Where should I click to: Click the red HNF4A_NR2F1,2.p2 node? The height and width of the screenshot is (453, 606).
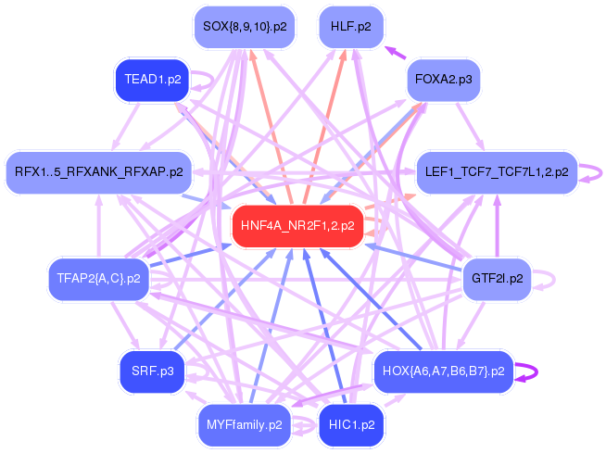pos(297,226)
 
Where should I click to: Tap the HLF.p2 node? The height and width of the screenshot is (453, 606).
pos(350,27)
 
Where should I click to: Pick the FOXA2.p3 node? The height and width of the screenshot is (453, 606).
pos(443,81)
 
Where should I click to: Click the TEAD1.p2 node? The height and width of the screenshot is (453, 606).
pos(151,80)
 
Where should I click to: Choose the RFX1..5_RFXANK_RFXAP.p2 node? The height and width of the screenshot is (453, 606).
pos(98,171)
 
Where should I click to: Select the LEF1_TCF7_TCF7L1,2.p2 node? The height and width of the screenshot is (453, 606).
pos(497,172)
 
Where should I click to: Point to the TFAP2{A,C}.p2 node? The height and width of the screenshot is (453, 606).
pos(98,278)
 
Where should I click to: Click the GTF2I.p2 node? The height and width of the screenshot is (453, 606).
pos(497,278)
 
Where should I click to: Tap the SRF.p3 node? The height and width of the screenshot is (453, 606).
pos(152,371)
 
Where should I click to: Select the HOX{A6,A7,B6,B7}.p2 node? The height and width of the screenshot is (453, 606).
pos(443,371)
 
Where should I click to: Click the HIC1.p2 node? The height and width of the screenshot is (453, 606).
pos(351,425)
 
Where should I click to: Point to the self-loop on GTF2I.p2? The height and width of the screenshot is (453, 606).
pos(549,278)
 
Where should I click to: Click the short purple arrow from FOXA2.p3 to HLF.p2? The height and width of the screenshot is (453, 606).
pos(394,52)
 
